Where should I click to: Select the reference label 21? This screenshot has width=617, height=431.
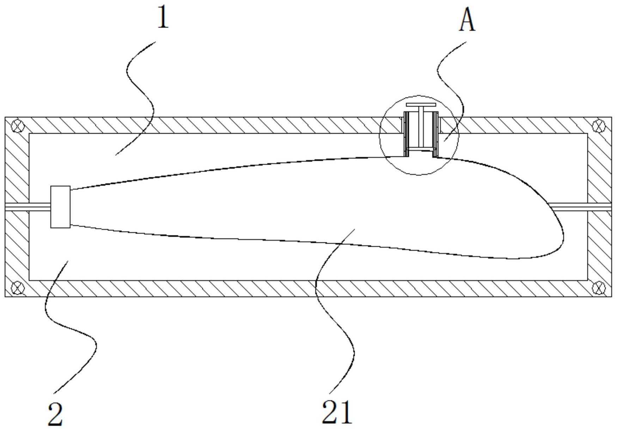pyautogui.click(x=337, y=412)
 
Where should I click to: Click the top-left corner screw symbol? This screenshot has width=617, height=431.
pyautogui.click(x=17, y=126)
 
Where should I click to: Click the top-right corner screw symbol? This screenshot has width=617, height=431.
pyautogui.click(x=599, y=126)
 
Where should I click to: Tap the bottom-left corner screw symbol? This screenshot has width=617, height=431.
pyautogui.click(x=17, y=288)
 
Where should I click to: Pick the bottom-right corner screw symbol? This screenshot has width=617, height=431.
pyautogui.click(x=599, y=288)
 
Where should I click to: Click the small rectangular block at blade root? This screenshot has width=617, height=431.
pyautogui.click(x=61, y=207)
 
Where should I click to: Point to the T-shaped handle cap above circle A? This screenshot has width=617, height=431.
pyautogui.click(x=421, y=105)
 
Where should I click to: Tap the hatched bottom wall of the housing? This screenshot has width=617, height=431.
pyautogui.click(x=308, y=289)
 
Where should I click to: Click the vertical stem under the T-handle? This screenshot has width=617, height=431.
pyautogui.click(x=421, y=127)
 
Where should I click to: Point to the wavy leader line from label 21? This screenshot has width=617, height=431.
pyautogui.click(x=335, y=310)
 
